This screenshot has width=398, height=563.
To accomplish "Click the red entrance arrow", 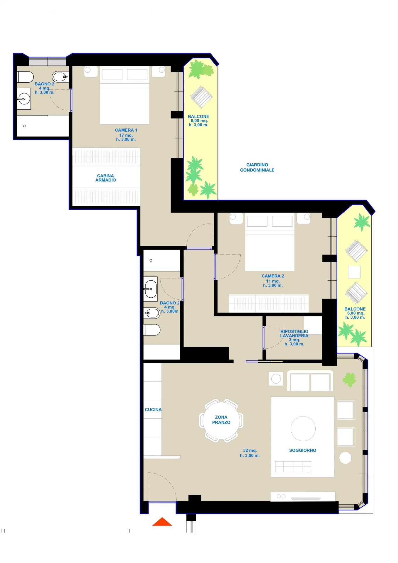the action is (x=162, y=522).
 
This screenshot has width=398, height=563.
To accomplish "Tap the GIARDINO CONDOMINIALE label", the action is (x=257, y=167).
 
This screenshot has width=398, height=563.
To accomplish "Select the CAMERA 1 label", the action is (x=126, y=130).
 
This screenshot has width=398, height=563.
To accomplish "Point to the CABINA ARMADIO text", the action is (x=106, y=178).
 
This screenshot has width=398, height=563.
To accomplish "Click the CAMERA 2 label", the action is (x=273, y=276).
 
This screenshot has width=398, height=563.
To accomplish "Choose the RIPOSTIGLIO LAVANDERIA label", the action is (x=294, y=333).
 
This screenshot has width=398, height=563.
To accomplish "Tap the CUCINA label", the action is (x=153, y=410).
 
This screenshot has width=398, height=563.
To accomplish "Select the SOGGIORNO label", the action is (x=303, y=450).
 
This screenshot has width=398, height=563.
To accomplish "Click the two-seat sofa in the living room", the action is (x=310, y=381).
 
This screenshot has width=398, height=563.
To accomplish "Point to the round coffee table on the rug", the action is (x=303, y=428).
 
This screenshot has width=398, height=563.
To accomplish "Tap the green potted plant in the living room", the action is (x=349, y=380).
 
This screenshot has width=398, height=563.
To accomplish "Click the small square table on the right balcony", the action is (x=354, y=272).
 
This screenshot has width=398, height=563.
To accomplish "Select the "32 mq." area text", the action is (x=250, y=450).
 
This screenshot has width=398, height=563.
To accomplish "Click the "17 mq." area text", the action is (x=126, y=135).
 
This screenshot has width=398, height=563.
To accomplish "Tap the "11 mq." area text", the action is (x=273, y=281).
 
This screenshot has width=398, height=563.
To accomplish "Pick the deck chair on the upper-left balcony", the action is (x=201, y=97).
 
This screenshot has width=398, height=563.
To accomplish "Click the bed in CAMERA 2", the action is (x=270, y=243).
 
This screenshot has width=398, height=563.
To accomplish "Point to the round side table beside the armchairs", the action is (x=345, y=458).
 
